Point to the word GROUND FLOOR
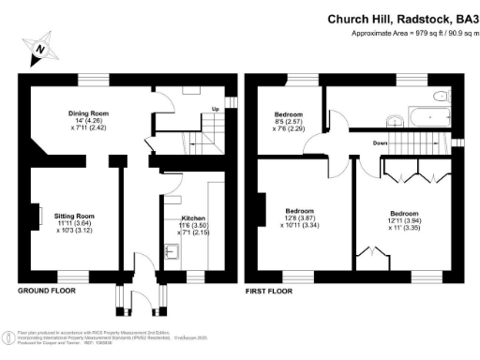[47, 291]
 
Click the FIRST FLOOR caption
[270, 291]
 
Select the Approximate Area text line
[412, 34]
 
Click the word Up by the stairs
[215, 108]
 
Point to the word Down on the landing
[379, 143]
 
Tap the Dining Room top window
[91, 79]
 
